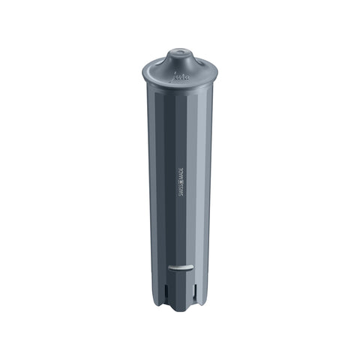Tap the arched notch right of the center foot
coord(190,301)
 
